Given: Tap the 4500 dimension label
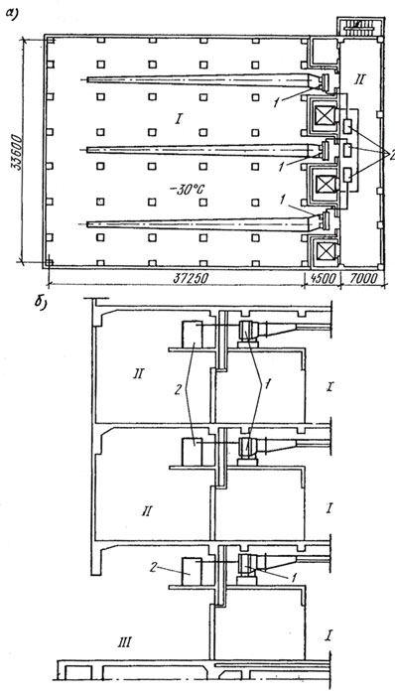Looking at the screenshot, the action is [323, 279].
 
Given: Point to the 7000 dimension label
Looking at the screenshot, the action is [362, 278].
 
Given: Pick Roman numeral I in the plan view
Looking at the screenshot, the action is [178, 118].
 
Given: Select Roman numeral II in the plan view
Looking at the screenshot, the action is [358, 80].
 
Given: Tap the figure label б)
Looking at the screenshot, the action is [41, 303].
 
